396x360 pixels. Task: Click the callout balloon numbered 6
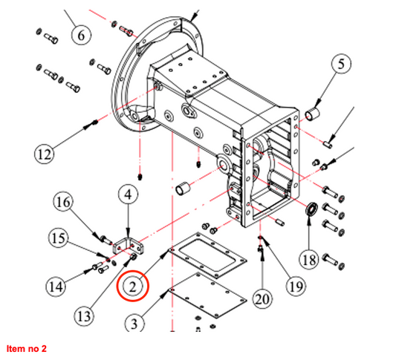pos(81,35)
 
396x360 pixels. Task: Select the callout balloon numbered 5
pos(341,64)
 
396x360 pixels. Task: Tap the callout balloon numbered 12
pos(44,154)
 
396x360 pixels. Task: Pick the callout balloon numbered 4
pos(129,194)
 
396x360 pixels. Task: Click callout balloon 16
pos(63,202)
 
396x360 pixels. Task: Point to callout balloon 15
pos(59,238)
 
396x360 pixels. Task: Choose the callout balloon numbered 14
pos(56,287)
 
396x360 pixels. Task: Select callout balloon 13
pos(85,316)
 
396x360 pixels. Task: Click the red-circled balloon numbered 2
pos(133,286)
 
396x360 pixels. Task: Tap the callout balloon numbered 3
pos(134,323)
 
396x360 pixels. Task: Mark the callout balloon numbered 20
pos(262,299)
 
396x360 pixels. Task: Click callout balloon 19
pos(296,286)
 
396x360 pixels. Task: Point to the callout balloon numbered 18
pos(309,260)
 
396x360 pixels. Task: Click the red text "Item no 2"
pos(27,348)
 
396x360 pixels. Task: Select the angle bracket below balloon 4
pos(127,246)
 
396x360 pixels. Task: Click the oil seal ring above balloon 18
pos(312,209)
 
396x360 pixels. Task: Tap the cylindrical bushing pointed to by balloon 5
pos(313,114)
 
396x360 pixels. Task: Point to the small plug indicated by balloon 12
pos(94,122)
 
